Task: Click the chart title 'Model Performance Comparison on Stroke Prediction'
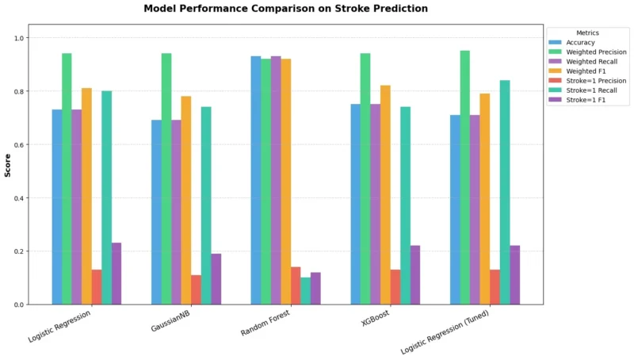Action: point(285,9)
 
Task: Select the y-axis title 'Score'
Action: point(8,164)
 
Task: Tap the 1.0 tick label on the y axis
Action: point(18,38)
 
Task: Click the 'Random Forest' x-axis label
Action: point(267,322)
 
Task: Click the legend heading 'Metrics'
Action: point(587,33)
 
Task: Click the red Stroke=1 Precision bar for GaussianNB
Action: point(196,289)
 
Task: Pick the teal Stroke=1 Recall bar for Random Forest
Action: point(305,290)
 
